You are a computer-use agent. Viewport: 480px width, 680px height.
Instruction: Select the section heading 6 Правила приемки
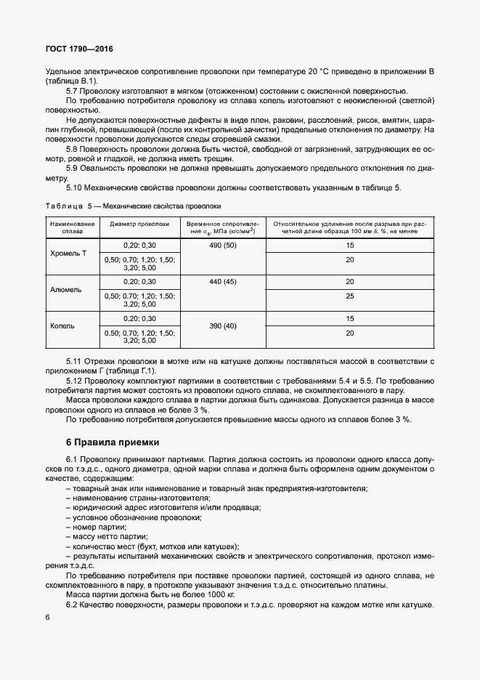[x=112, y=442]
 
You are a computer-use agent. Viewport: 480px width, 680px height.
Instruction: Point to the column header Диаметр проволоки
[x=139, y=224]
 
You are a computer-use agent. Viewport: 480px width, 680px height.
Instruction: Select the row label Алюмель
[x=66, y=289]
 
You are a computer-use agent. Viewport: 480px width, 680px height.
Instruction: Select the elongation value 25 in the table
[x=350, y=296]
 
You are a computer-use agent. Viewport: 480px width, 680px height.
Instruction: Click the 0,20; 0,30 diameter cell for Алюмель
[x=139, y=281]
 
